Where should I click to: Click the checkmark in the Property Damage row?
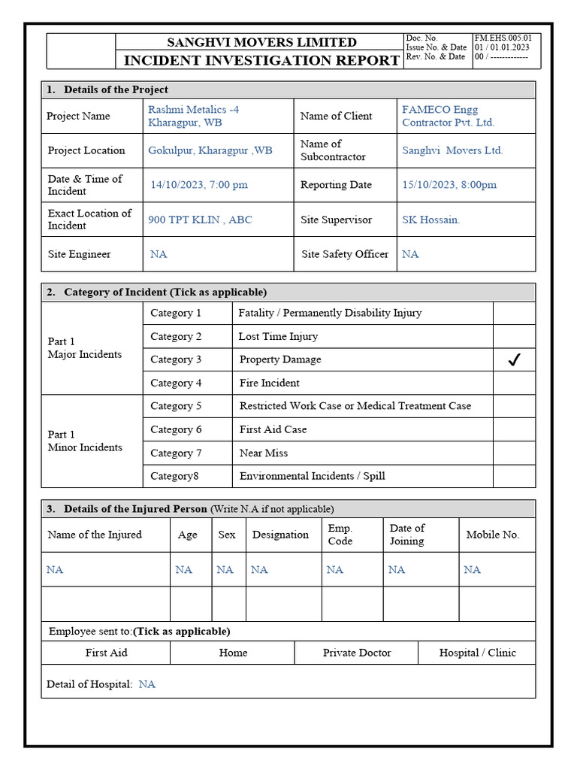[514, 360]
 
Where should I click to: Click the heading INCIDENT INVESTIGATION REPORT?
[261, 60]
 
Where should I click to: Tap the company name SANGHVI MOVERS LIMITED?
[261, 42]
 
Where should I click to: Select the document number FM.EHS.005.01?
[503, 38]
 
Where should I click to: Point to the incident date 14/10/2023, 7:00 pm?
[199, 185]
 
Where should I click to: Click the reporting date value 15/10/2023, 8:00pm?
[449, 185]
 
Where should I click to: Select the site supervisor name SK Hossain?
[430, 220]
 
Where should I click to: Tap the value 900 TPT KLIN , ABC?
[200, 220]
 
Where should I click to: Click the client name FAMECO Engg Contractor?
[449, 116]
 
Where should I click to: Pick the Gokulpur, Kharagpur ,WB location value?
[210, 150]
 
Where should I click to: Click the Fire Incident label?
[269, 383]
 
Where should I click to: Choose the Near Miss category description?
[263, 453]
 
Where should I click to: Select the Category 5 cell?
[176, 406]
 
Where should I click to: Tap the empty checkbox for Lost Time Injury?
[514, 336]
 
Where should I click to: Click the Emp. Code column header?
[340, 535]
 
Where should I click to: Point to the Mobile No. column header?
[492, 535]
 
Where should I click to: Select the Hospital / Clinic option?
[477, 653]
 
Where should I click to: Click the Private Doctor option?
[357, 653]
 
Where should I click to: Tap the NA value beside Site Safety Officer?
[410, 254]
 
